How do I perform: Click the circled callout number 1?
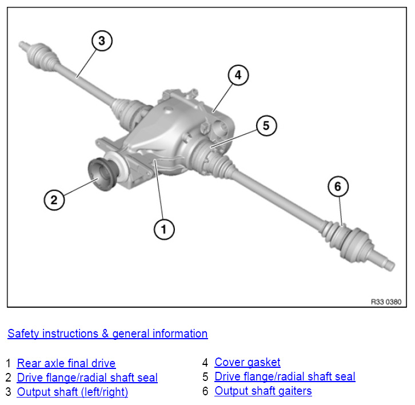pyautogui.click(x=163, y=230)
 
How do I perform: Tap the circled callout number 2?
pyautogui.click(x=54, y=200)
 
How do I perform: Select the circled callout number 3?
pyautogui.click(x=102, y=41)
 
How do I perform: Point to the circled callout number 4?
pyautogui.click(x=238, y=75)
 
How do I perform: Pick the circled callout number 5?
pyautogui.click(x=266, y=126)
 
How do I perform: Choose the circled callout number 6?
pyautogui.click(x=338, y=186)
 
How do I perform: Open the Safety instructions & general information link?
pyautogui.click(x=107, y=333)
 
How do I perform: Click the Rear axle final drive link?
pyautogui.click(x=66, y=363)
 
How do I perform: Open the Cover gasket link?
pyautogui.click(x=248, y=362)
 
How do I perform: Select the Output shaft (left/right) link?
pyautogui.click(x=73, y=392)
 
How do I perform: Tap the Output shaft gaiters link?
pyautogui.click(x=263, y=391)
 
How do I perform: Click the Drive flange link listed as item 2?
pyautogui.click(x=87, y=378)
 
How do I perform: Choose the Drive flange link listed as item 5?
pyautogui.click(x=285, y=376)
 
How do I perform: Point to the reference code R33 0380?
pyautogui.click(x=386, y=301)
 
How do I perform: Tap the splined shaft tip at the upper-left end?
pyautogui.click(x=23, y=44)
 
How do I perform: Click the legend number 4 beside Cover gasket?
pyautogui.click(x=205, y=362)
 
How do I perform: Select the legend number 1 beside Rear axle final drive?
pyautogui.click(x=9, y=363)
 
